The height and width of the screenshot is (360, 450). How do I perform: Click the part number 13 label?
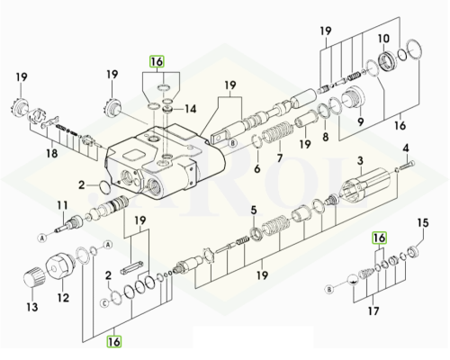pos(32,307)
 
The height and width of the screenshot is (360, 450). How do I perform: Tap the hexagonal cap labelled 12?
pos(58,266)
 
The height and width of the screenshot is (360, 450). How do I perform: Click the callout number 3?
pos(360,160)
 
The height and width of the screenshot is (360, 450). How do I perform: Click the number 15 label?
pos(423,223)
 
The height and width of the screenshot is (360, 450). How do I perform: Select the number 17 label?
pos(373,310)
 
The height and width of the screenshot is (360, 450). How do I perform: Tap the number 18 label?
pos(51,153)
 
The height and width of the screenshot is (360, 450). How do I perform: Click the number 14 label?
pos(190,109)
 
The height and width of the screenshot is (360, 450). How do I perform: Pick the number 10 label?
pos(383,39)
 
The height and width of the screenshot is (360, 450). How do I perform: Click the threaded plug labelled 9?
pos(353,97)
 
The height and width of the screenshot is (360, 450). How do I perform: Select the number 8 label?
pos(326,137)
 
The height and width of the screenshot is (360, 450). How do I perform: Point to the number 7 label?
pos(280,157)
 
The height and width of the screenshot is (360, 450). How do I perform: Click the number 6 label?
pos(257,168)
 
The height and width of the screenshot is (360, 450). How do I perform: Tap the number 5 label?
pos(254,211)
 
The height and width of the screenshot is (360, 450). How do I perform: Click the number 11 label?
pos(63,205)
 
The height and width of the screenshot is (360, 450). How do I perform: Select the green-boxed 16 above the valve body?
pos(157,61)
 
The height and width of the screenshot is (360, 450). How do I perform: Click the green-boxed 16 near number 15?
pos(379,238)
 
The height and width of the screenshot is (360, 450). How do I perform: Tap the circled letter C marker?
pos(104,303)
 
